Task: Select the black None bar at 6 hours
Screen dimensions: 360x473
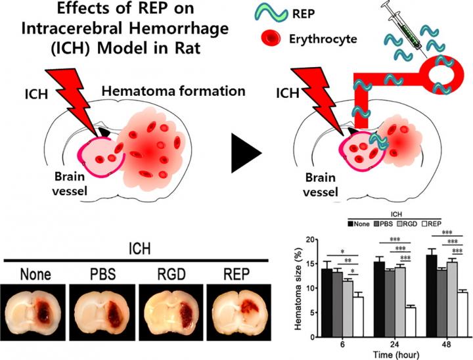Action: (x=326, y=300)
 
